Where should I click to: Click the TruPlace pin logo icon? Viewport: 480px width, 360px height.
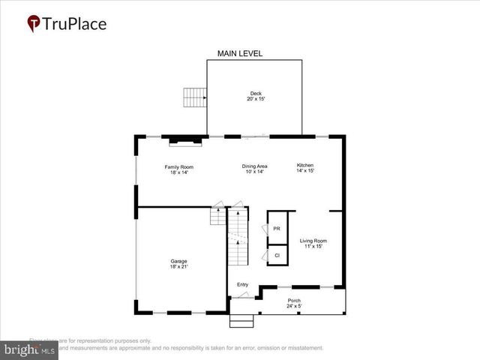[34, 23]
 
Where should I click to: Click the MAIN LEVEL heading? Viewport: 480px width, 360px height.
[239, 54]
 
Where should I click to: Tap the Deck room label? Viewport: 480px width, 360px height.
[256, 94]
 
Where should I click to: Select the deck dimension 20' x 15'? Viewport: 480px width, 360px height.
[256, 100]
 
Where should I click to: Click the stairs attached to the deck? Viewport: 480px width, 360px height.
[194, 97]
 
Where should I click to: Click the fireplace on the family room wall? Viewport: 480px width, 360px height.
[184, 138]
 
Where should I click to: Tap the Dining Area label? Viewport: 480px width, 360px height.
[255, 166]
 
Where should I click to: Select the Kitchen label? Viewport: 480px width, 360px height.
[304, 165]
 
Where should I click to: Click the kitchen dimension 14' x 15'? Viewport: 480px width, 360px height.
[304, 171]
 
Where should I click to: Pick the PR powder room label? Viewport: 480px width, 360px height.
[277, 229]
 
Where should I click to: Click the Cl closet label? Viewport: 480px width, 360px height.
[277, 256]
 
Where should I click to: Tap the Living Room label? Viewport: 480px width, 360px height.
[313, 241]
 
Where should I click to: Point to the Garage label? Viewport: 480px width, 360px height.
[178, 261]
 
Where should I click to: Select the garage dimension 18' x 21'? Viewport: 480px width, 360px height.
[178, 267]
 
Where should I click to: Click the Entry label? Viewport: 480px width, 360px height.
[242, 284]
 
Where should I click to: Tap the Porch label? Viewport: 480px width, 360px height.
[294, 301]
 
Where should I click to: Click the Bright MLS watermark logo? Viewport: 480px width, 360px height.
[29, 349]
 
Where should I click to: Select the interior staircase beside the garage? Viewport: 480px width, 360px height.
[237, 236]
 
